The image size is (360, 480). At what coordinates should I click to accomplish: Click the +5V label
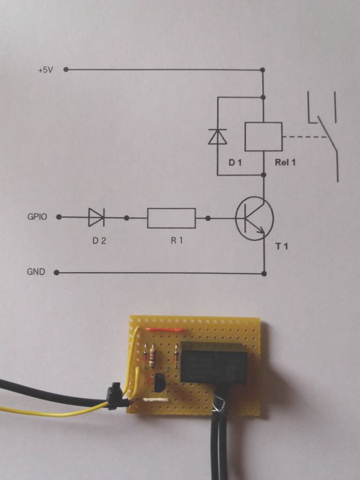click(x=45, y=70)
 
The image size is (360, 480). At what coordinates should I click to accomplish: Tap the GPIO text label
click(x=37, y=217)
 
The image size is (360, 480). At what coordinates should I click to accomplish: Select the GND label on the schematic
click(x=36, y=272)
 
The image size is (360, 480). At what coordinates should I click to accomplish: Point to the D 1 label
click(x=235, y=163)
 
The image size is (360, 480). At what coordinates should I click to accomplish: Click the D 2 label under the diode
click(x=99, y=241)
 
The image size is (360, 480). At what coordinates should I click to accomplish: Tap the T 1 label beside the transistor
click(x=282, y=246)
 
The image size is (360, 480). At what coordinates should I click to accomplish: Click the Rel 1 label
click(x=285, y=162)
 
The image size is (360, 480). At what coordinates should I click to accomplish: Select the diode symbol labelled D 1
click(x=218, y=137)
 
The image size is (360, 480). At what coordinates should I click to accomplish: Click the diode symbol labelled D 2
click(x=97, y=217)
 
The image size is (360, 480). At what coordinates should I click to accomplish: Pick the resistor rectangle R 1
click(x=171, y=218)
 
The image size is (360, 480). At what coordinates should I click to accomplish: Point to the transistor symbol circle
click(x=254, y=199)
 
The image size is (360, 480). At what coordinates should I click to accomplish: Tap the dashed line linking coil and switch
click(x=305, y=137)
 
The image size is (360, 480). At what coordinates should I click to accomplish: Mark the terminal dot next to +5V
click(x=66, y=70)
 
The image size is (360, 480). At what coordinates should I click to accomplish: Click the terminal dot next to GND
click(x=57, y=273)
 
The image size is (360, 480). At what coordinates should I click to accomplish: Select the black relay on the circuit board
click(x=214, y=363)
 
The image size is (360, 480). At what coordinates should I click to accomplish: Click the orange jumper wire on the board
click(x=166, y=330)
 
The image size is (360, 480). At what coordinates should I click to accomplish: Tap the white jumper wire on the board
click(x=156, y=400)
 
